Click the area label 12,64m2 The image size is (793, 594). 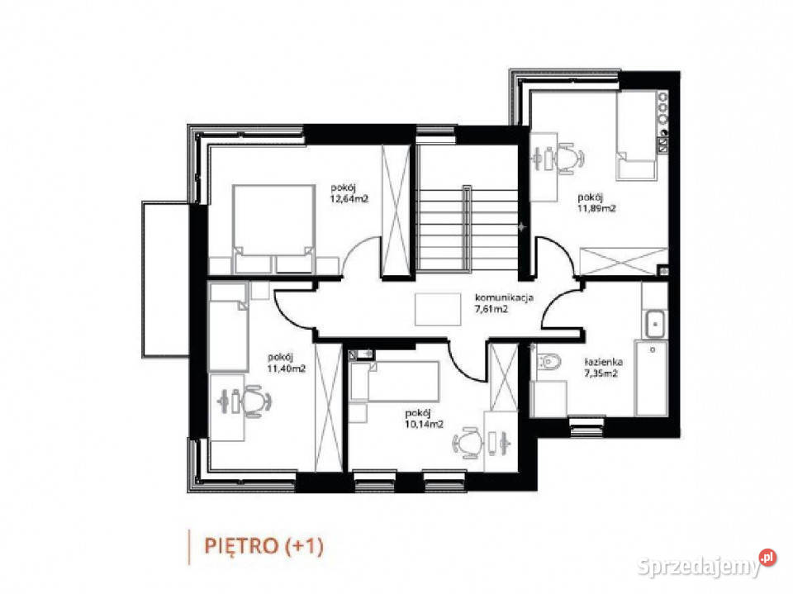349,199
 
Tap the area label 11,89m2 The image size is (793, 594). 596,207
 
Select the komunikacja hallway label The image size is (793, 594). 504,298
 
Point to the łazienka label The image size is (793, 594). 603,363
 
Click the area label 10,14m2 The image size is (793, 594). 425,425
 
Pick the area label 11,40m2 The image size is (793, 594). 287,368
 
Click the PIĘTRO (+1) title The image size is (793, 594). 264,546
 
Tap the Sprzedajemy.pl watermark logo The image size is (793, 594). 706,563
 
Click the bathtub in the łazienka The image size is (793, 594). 652,378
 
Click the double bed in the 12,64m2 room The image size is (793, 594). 273,229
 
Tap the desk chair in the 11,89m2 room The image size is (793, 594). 569,158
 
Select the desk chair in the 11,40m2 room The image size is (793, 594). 256,402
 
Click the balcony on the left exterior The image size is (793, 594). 165,280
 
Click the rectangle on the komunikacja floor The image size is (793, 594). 438,309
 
